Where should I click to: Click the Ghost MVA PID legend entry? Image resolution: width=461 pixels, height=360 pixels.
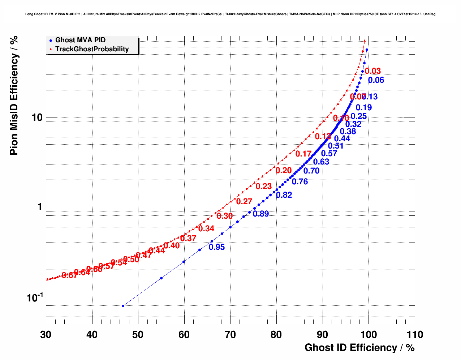(80, 40)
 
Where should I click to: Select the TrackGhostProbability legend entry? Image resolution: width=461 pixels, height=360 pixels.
(92, 49)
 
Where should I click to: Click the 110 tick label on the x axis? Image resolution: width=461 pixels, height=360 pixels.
(414, 335)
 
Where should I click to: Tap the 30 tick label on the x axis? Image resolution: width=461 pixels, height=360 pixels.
(46, 335)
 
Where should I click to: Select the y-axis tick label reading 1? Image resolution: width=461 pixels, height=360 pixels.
(40, 207)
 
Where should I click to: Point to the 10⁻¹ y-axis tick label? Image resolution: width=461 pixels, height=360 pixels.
(35, 297)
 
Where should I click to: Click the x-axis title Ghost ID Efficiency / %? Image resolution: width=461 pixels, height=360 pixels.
(359, 348)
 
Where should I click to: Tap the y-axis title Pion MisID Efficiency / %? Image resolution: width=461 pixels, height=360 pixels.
(14, 96)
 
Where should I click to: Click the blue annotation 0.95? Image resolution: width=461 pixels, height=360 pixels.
(217, 247)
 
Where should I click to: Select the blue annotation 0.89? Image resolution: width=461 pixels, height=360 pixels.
(261, 214)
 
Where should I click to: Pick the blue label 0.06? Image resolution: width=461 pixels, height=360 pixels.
(376, 80)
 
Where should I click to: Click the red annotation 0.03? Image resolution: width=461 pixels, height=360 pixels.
(373, 71)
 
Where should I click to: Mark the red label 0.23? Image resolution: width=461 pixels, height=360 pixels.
(264, 187)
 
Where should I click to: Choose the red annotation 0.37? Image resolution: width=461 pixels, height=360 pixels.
(188, 239)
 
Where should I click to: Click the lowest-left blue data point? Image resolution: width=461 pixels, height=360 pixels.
(123, 306)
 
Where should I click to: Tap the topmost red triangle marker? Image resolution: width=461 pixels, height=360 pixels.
(365, 41)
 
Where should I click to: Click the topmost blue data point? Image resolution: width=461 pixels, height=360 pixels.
(367, 50)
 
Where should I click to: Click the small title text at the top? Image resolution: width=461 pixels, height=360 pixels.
(231, 14)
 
